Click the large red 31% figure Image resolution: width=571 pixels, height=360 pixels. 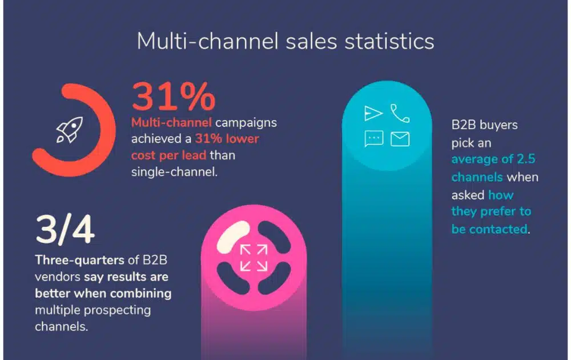pyautogui.click(x=174, y=96)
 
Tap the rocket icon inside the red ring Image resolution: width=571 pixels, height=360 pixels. pyautogui.click(x=70, y=130)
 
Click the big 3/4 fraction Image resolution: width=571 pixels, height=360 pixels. pyautogui.click(x=65, y=230)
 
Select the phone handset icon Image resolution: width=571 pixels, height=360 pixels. pyautogui.click(x=400, y=113)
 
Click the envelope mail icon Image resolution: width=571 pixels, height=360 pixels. pyautogui.click(x=400, y=139)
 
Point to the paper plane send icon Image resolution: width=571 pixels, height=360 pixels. pyautogui.click(x=373, y=113)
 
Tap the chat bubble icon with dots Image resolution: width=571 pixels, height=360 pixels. pyautogui.click(x=373, y=139)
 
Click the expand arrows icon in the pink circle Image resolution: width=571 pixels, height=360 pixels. pyautogui.click(x=254, y=258)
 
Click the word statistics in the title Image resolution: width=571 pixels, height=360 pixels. pyautogui.click(x=389, y=41)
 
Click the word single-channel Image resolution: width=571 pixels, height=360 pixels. pyautogui.click(x=174, y=172)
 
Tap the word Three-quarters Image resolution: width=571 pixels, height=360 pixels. pyautogui.click(x=79, y=260)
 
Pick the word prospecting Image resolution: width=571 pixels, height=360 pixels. pyautogui.click(x=117, y=310)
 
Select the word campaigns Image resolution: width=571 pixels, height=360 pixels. pyautogui.click(x=246, y=123)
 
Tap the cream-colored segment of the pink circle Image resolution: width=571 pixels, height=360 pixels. pyautogui.click(x=233, y=237)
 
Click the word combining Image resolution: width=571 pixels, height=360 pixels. pyautogui.click(x=140, y=294)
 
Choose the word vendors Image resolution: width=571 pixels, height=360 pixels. pyautogui.click(x=58, y=277)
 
